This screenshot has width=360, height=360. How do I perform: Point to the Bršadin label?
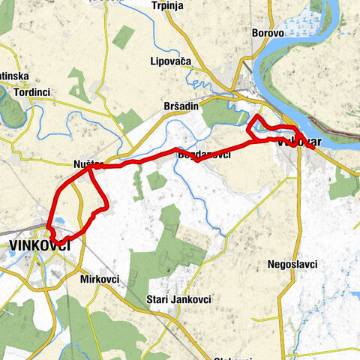(181, 106)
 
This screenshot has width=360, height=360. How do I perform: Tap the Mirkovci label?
(98, 278)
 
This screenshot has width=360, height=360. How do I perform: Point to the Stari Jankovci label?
(179, 298)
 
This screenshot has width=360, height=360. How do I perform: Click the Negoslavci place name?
(292, 265)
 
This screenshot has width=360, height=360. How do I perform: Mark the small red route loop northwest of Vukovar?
(259, 126)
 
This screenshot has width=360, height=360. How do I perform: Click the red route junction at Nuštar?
(91, 169)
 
